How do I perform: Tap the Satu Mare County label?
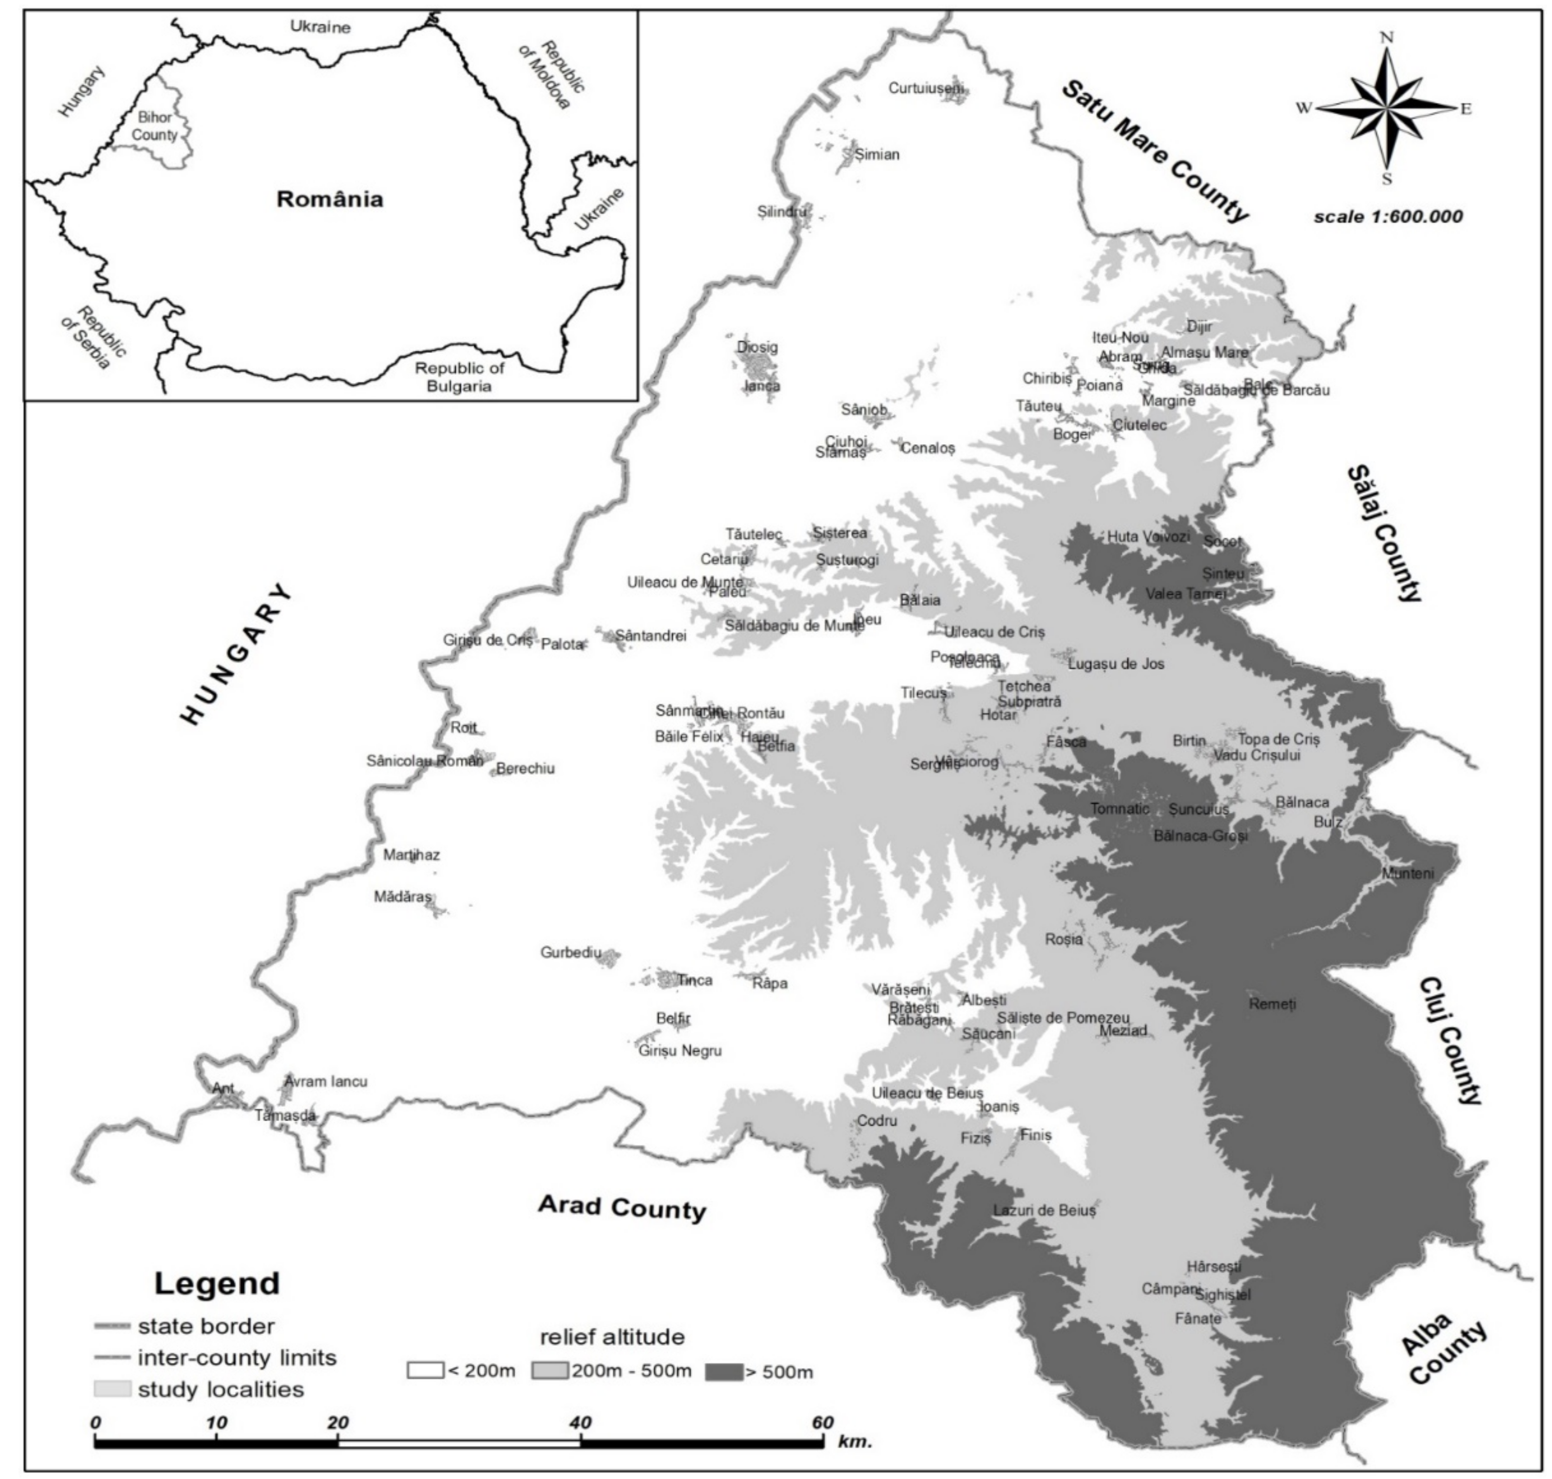point(1155,151)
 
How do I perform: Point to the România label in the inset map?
point(329,199)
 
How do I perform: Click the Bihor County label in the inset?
point(154,126)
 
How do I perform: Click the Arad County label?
point(621,1207)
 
